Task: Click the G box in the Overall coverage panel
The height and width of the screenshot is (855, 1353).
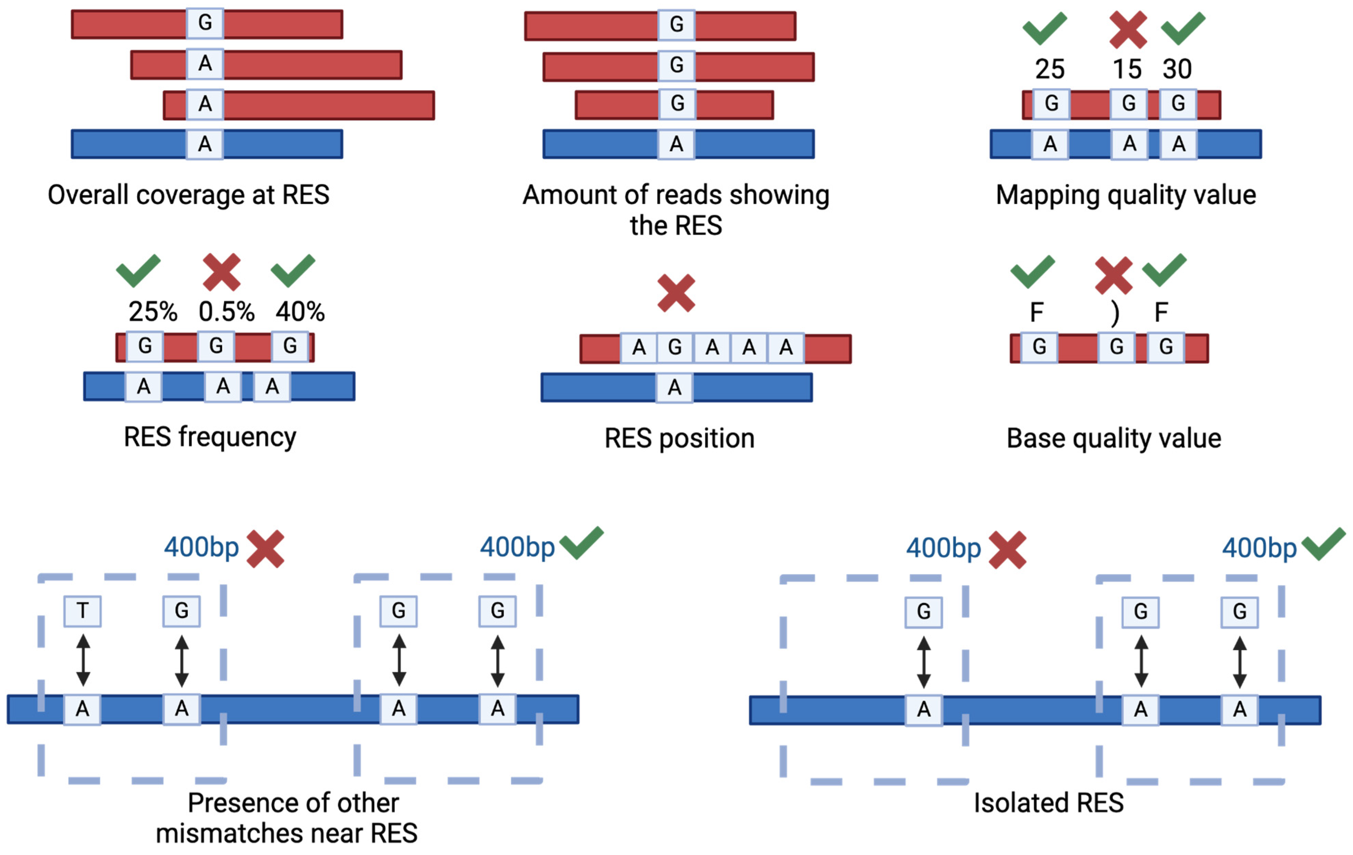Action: click(205, 23)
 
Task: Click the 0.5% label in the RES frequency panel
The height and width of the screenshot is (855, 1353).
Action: click(226, 312)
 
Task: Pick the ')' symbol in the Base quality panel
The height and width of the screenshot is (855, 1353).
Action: click(1115, 314)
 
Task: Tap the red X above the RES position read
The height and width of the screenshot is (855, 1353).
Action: click(676, 293)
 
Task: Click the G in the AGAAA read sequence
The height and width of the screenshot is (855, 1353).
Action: click(675, 348)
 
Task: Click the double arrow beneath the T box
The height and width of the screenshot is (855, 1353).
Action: click(83, 660)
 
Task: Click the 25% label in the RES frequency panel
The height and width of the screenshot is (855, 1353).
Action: click(153, 312)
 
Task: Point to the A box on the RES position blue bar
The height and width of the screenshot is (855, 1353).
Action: click(674, 387)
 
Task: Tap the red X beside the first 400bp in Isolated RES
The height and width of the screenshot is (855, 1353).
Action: click(1007, 550)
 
